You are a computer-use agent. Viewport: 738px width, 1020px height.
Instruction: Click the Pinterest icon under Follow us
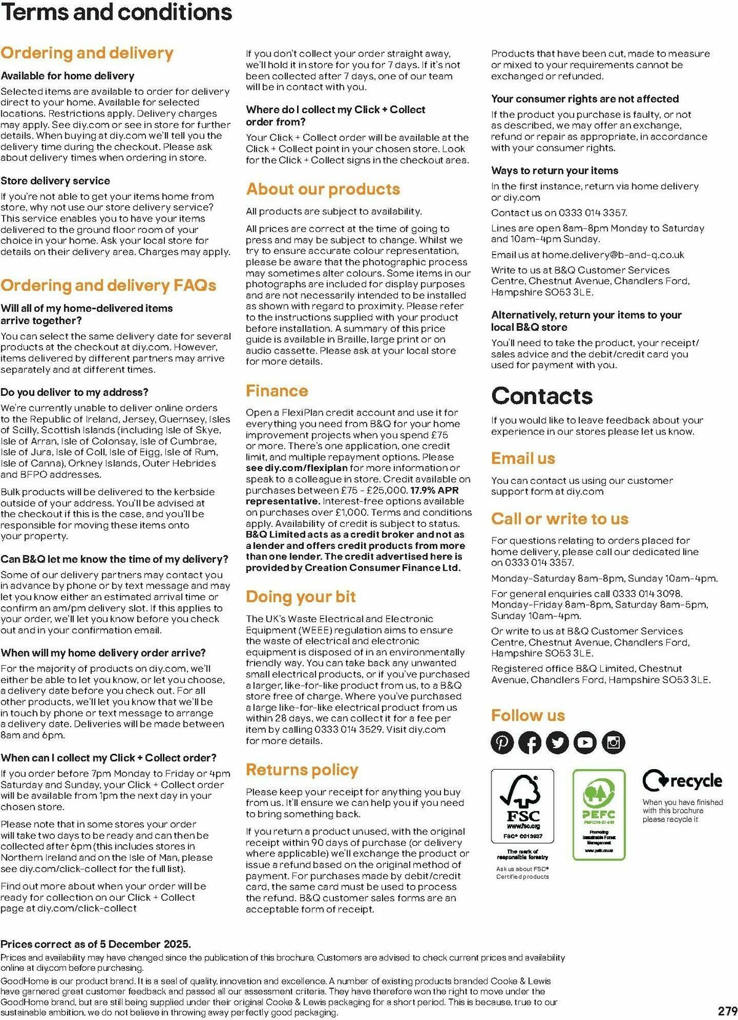[x=502, y=743]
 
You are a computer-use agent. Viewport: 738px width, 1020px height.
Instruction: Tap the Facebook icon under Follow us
[x=530, y=743]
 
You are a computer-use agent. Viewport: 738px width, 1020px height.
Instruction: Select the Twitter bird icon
[x=557, y=743]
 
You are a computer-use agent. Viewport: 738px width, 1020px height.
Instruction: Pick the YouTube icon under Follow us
[x=585, y=743]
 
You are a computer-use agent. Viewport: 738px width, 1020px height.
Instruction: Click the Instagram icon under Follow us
[x=613, y=743]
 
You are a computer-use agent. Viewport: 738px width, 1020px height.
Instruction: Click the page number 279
[x=727, y=1011]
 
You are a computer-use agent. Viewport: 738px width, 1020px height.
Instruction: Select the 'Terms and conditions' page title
[x=116, y=12]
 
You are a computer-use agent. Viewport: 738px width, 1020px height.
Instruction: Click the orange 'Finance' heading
[x=277, y=391]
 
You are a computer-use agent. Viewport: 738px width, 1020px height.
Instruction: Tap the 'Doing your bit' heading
[x=301, y=597]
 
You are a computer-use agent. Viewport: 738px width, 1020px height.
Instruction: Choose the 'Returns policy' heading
[x=302, y=770]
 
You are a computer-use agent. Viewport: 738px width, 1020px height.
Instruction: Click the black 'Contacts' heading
[x=542, y=396]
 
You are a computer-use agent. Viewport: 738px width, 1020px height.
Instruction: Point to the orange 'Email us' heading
[x=523, y=459]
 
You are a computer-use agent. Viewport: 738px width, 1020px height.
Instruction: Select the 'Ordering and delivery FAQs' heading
[x=108, y=285]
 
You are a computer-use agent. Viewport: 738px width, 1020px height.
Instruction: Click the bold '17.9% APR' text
[x=434, y=490]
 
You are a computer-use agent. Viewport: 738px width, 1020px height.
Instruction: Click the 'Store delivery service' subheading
[x=55, y=181]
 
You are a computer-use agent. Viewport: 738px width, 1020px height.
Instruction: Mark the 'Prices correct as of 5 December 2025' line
[x=96, y=944]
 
